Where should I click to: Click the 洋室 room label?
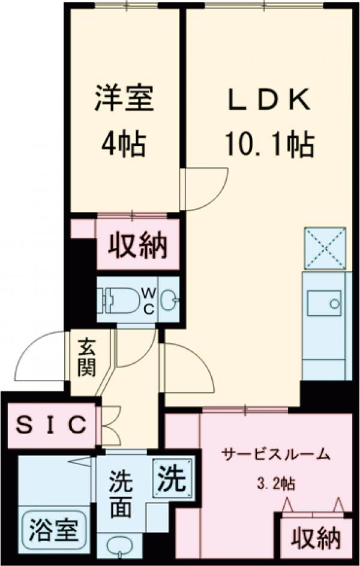pos(124,98)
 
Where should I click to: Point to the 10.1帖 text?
pos(270,144)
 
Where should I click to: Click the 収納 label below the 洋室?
pos(137,245)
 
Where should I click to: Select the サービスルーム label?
pos(275,454)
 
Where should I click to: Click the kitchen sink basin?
pos(324,303)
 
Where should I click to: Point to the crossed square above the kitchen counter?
pos(325,248)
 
